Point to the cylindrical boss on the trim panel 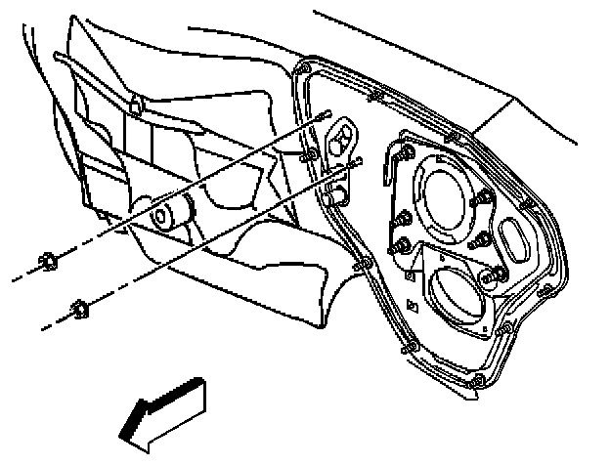[168, 215]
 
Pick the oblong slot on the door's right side [515, 239]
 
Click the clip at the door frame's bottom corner [476, 380]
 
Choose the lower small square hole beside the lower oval [414, 308]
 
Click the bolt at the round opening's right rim [481, 200]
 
